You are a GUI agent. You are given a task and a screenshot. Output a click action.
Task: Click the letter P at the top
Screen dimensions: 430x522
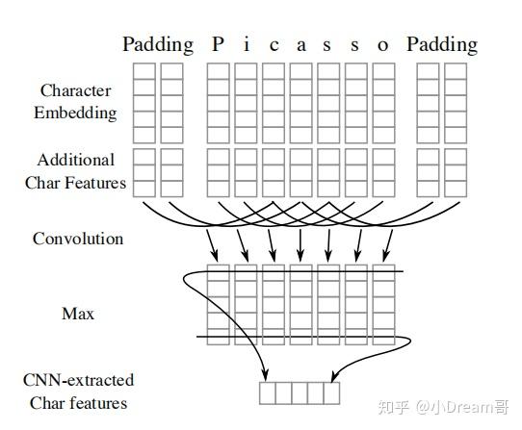[x=218, y=45]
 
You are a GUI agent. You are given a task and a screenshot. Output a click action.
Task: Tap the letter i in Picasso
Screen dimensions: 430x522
[x=246, y=45]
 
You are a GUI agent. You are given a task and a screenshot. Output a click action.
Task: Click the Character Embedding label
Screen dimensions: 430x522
[x=78, y=101]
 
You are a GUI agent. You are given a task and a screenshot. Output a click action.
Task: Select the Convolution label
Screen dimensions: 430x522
[x=76, y=238]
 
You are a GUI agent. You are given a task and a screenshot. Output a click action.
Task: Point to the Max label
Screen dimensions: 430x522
[x=76, y=314]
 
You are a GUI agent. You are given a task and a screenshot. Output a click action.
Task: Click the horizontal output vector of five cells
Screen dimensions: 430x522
[x=300, y=392]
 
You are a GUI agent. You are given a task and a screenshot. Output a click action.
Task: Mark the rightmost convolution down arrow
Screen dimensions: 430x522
[x=386, y=244]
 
